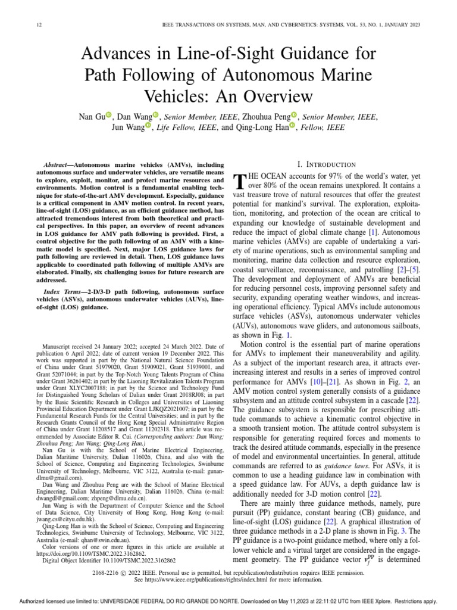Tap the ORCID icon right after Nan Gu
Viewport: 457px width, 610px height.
108,116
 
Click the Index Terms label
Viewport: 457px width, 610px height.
64,288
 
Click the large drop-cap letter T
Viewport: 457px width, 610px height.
240,181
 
